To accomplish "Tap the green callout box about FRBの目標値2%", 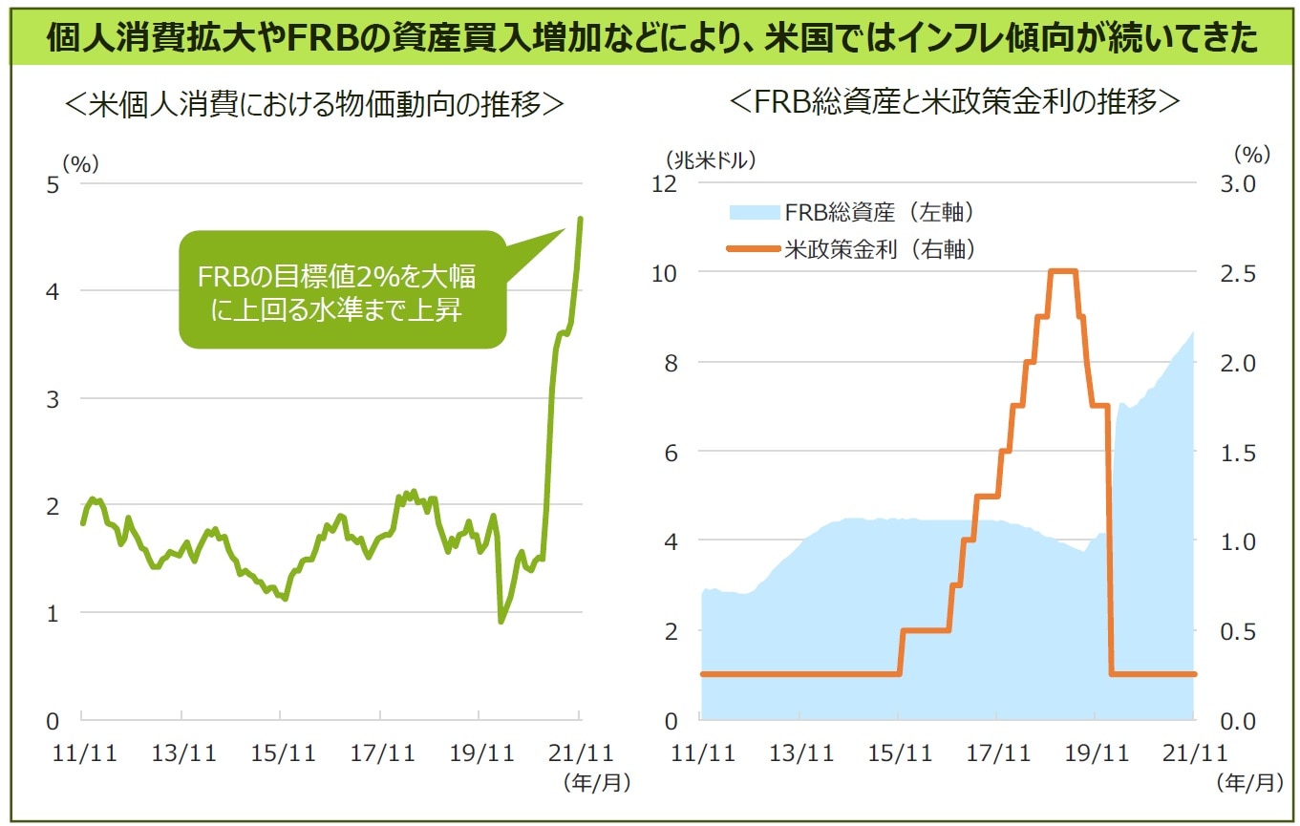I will pos(341,290).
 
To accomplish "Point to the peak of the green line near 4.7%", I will pos(581,219).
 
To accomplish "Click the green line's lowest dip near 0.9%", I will pos(501,622).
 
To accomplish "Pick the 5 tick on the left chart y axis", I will pos(53,184).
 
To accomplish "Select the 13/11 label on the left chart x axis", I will pos(183,753).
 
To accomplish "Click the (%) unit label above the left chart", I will pos(80,163).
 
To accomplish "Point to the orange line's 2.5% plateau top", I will pos(1062,271).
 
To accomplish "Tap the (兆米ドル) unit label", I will pos(712,159).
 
